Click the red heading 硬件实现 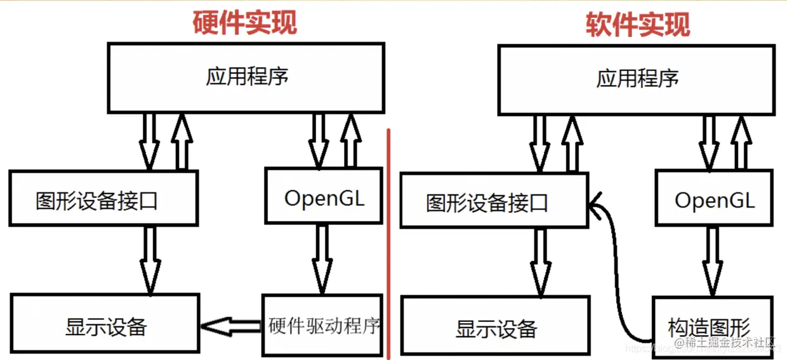(245, 23)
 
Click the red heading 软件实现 (637, 24)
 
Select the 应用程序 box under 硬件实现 (246, 77)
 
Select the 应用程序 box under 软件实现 (637, 79)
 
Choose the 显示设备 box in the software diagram (496, 328)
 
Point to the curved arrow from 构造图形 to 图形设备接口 (613, 267)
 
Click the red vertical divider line (388, 241)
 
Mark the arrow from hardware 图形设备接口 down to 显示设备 (150, 259)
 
